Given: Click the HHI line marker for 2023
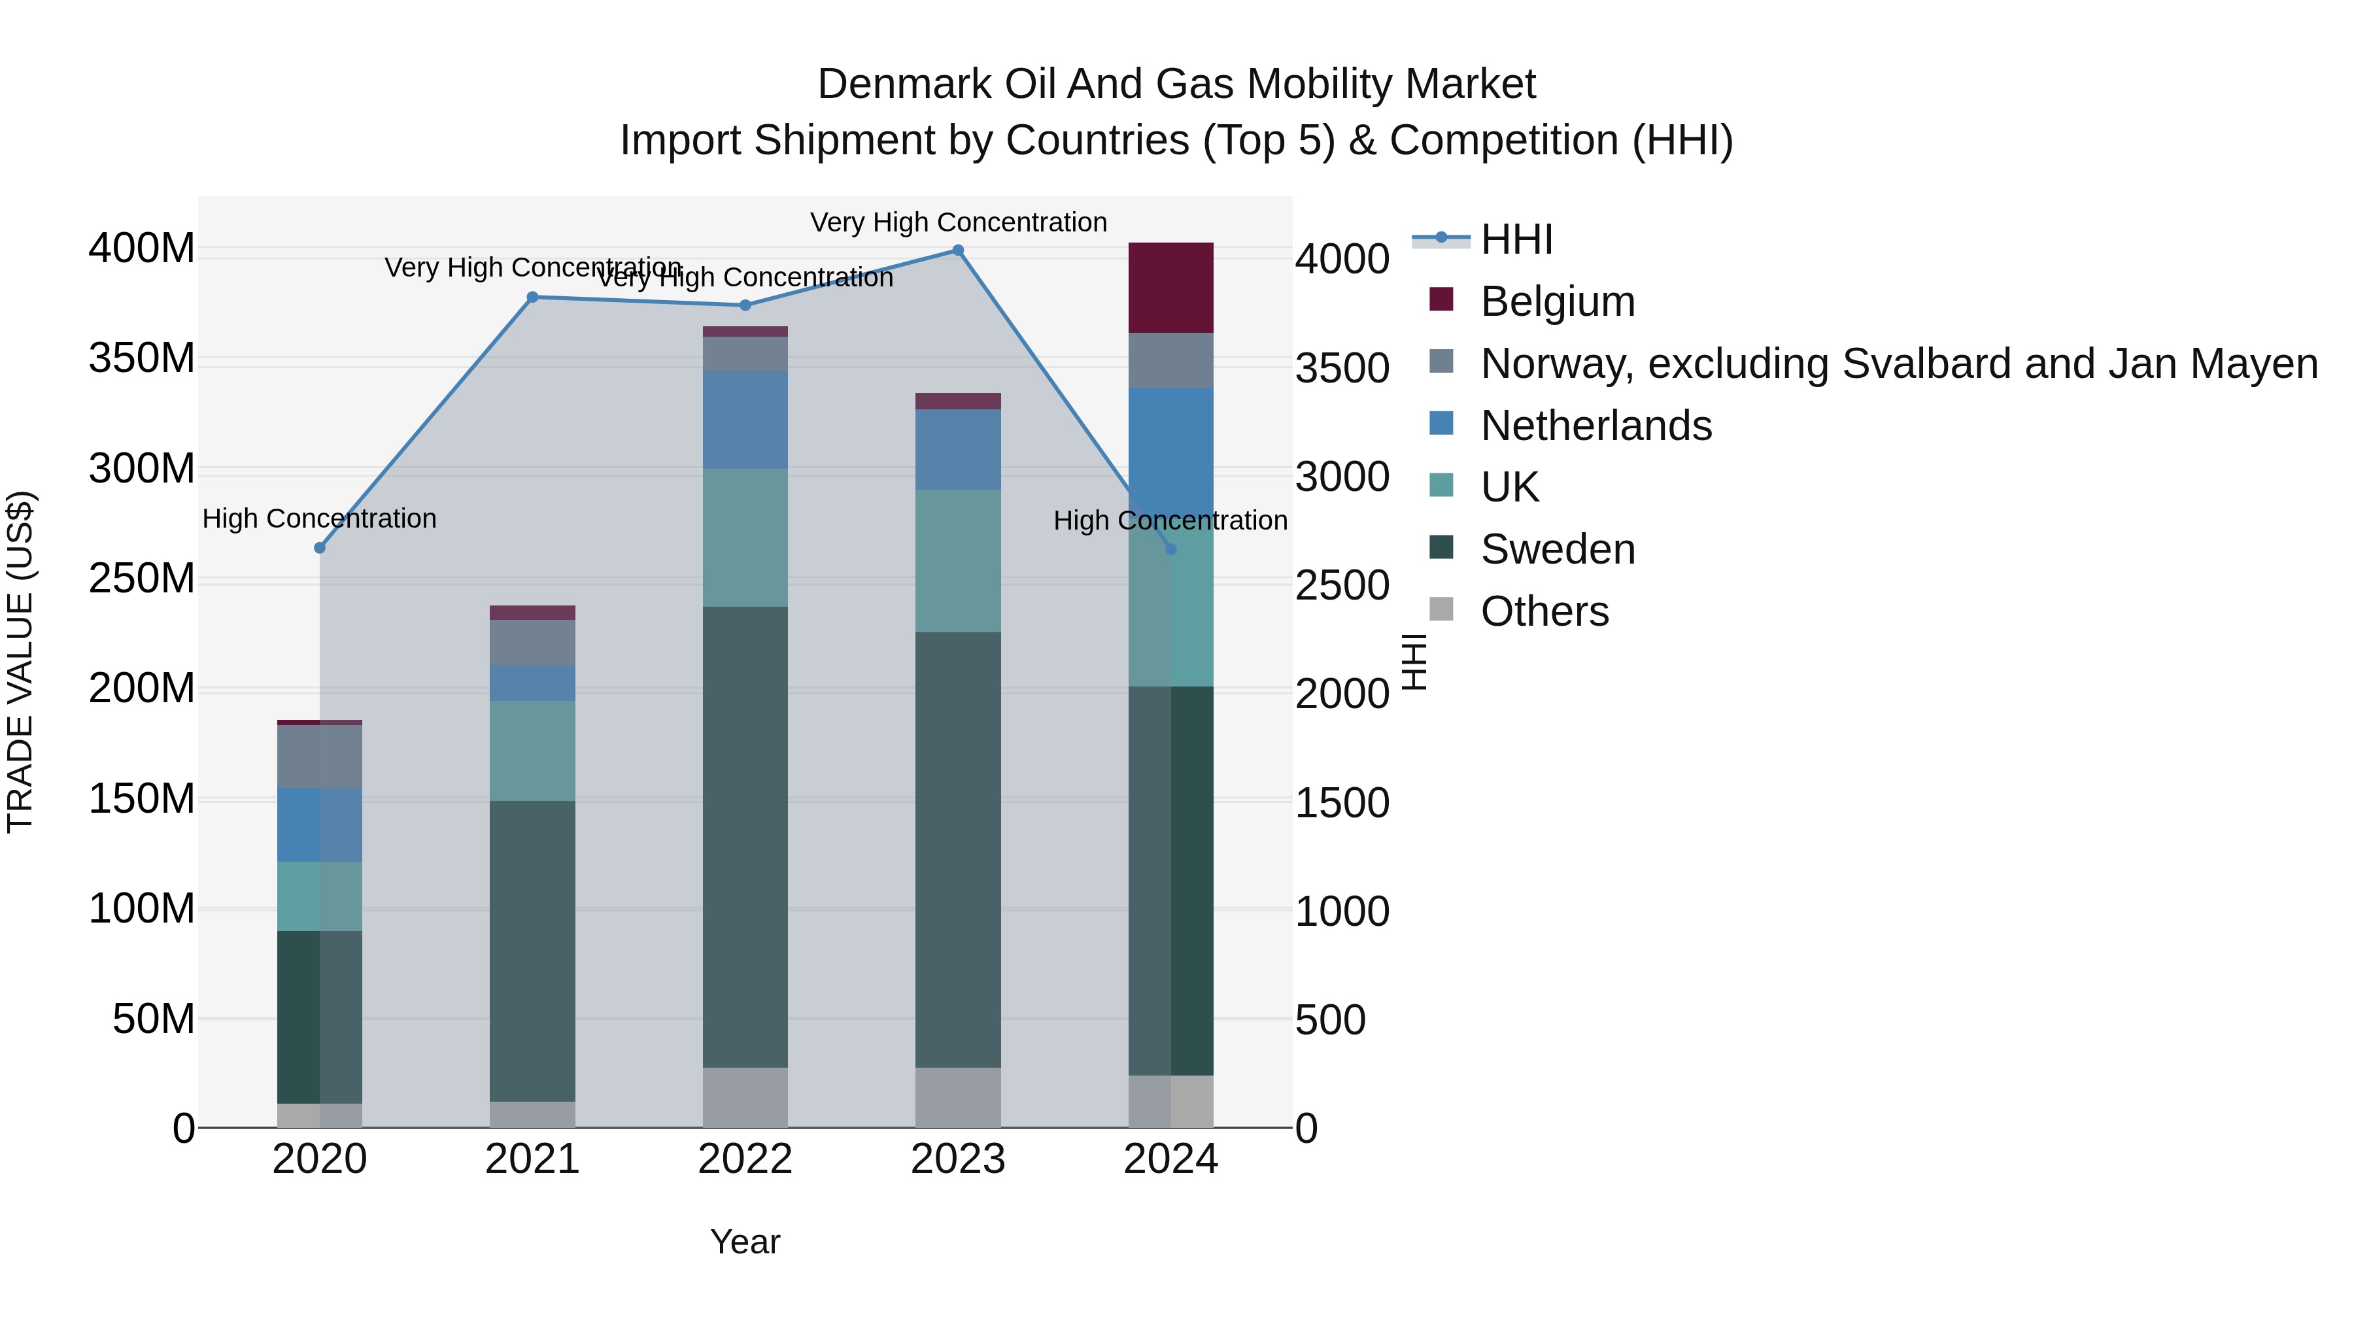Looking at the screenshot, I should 958,250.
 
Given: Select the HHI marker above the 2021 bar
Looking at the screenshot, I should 533,297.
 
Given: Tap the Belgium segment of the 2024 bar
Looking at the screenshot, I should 1170,288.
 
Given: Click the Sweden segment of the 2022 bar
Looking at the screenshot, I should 745,836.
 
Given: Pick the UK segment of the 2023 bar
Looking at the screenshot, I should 958,561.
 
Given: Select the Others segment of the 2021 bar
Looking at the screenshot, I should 533,1114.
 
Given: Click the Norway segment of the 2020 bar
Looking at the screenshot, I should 320,756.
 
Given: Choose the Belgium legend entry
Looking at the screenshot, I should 1557,301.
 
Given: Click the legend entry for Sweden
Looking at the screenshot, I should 1557,549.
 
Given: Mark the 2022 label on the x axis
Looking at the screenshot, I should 745,1159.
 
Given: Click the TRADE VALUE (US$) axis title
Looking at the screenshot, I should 20,662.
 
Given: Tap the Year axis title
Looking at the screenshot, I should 745,1242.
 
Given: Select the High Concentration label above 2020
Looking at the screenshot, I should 319,518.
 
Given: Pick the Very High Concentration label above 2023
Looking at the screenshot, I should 958,222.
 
